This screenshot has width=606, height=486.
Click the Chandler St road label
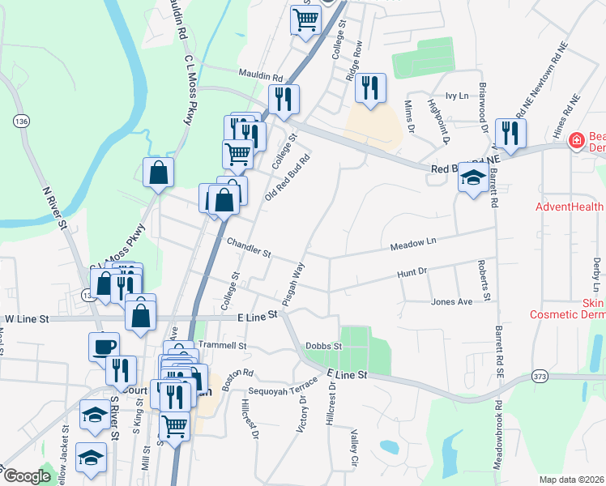[x=249, y=247]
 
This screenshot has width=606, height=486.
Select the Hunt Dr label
[x=412, y=275]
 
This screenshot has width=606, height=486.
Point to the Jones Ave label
[x=451, y=302]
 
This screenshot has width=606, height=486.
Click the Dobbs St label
[x=325, y=346]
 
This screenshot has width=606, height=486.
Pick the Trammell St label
[x=222, y=345]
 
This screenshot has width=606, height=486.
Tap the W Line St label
[x=28, y=319]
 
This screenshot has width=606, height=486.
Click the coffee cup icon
[x=103, y=346]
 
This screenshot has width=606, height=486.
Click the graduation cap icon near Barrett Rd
[x=472, y=178]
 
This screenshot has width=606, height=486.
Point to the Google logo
[x=27, y=475]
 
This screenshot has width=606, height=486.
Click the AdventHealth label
[x=570, y=207]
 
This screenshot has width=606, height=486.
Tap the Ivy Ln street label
[x=458, y=96]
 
